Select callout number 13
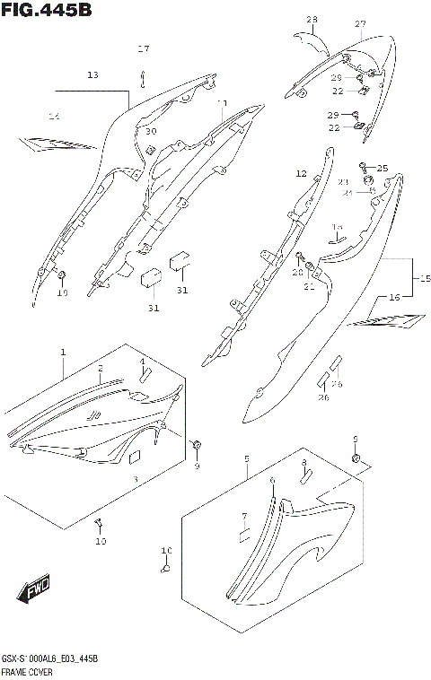[x=92, y=76]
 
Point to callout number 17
[x=143, y=48]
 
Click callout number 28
[x=312, y=20]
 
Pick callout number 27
[x=360, y=23]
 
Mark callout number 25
[x=383, y=169]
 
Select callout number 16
[x=393, y=296]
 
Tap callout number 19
[x=62, y=292]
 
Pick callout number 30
[x=151, y=132]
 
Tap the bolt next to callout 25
[x=364, y=166]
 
